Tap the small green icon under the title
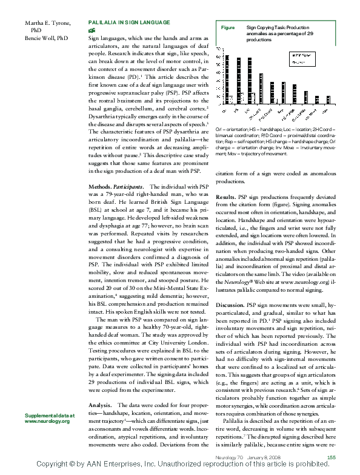coord(92,30)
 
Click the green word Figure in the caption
coord(228,28)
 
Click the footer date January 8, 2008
coord(261,457)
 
